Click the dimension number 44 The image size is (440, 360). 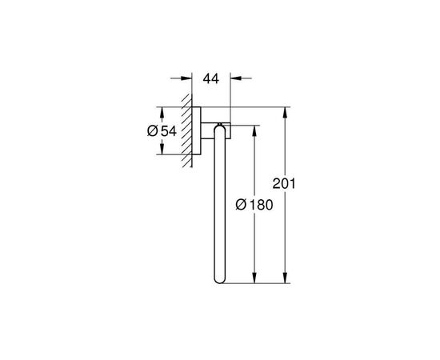[211, 80]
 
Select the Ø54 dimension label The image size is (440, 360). [162, 130]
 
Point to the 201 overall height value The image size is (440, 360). [286, 183]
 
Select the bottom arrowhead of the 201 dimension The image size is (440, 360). [286, 279]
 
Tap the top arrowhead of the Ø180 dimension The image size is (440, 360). [254, 128]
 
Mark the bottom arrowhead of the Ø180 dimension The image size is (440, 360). [254, 279]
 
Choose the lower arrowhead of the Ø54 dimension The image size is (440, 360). [164, 150]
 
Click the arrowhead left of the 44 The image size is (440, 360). [190, 80]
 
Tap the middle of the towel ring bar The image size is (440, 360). [214, 208]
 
